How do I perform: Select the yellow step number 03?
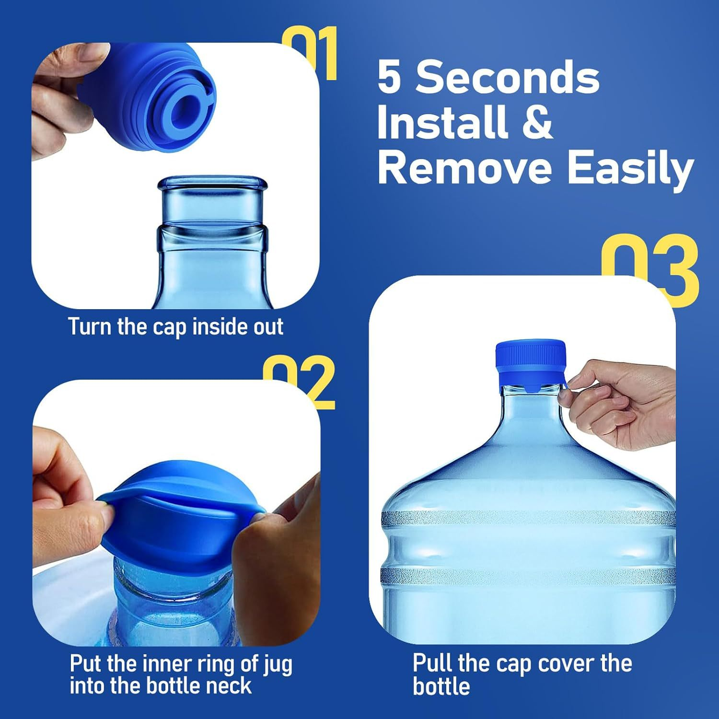[652, 268]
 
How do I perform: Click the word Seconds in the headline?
[507, 78]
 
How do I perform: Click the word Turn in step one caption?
[90, 327]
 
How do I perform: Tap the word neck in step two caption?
[229, 686]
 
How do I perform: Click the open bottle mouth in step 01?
[212, 184]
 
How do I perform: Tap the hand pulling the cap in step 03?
[623, 403]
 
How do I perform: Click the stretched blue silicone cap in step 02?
[182, 522]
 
